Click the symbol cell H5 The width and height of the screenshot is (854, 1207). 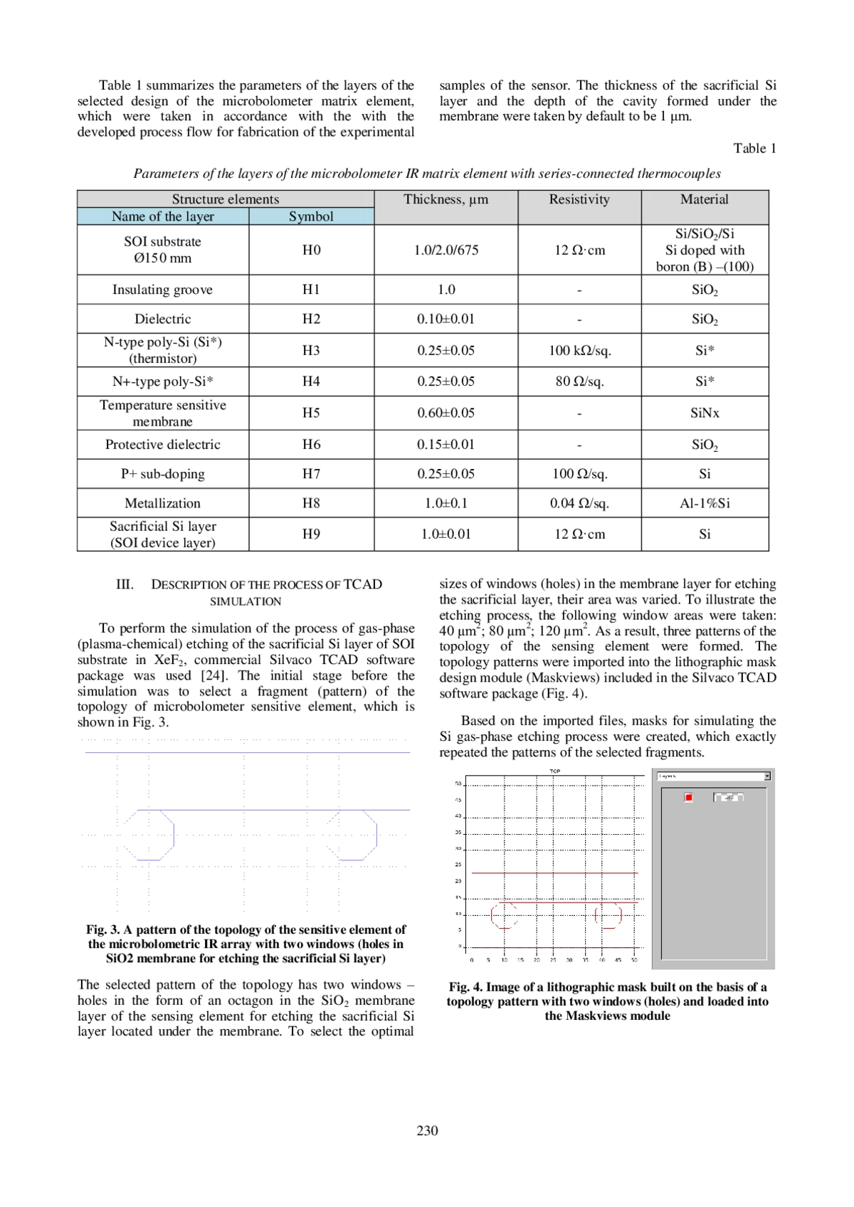click(x=311, y=413)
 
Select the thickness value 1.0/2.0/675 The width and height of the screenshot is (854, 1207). click(x=446, y=250)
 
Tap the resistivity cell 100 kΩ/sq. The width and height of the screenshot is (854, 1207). click(x=579, y=350)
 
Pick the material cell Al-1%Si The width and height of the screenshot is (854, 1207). click(x=705, y=503)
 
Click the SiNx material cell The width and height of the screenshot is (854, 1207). click(x=705, y=413)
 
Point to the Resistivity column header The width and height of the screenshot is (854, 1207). click(x=579, y=199)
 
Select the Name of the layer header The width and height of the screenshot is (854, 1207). click(x=162, y=216)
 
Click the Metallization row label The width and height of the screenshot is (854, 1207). click(x=162, y=503)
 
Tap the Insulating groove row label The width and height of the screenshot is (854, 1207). click(x=162, y=290)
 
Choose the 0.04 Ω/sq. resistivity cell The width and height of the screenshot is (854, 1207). click(x=579, y=503)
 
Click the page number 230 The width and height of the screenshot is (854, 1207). click(x=427, y=1130)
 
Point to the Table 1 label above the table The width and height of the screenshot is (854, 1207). click(x=754, y=148)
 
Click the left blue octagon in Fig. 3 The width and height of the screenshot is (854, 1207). click(x=149, y=835)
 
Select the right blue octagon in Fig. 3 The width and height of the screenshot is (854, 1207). click(x=352, y=835)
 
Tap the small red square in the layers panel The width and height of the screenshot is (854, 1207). click(x=688, y=797)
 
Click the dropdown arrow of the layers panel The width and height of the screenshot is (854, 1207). click(x=767, y=776)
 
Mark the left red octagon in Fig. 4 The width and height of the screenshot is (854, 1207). click(x=504, y=915)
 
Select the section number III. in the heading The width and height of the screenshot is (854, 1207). click(x=125, y=584)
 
